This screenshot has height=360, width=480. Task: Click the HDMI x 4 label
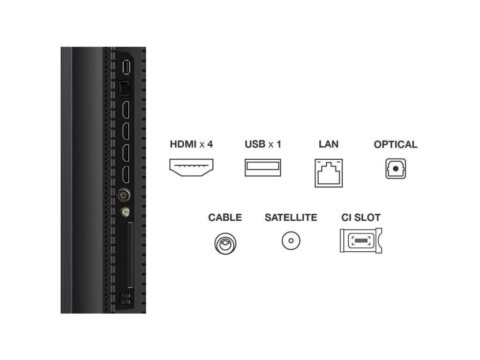point(191,144)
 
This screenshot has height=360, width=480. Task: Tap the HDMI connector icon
point(191,168)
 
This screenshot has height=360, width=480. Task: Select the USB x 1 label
point(263,144)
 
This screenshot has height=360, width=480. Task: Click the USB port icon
point(263,168)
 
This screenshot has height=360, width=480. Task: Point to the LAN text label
point(328,144)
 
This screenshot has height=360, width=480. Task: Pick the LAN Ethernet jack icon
point(329,172)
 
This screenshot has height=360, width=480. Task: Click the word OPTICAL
point(396,144)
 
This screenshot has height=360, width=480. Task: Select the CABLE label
point(225,217)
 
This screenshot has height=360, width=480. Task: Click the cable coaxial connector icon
point(225,243)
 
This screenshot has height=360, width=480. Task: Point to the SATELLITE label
point(291,217)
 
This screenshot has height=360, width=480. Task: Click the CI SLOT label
point(361,217)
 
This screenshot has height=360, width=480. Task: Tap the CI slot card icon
point(361,241)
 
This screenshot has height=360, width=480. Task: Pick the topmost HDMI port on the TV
point(126,110)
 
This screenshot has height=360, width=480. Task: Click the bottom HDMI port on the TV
point(126,174)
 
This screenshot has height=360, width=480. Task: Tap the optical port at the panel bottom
point(125,298)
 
